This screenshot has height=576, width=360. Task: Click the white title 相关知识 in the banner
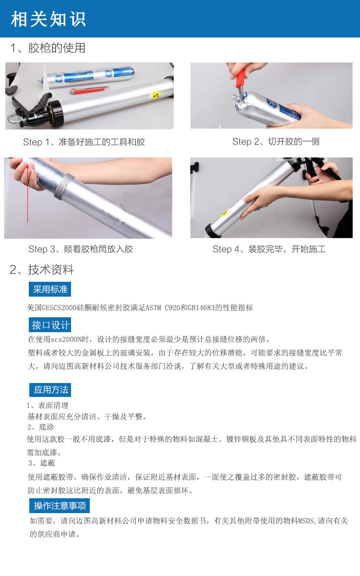(48, 19)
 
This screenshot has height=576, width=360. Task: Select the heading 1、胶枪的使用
(48, 48)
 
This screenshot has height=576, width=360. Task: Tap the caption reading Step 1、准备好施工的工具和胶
(84, 142)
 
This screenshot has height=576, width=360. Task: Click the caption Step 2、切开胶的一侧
(276, 142)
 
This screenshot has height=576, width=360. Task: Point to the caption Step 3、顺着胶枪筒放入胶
(81, 249)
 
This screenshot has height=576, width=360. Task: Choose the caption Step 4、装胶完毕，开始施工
(269, 249)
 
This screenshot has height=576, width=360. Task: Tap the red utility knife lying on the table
(89, 89)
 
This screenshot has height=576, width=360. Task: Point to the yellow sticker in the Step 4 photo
(225, 213)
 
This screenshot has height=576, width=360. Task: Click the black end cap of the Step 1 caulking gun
(55, 114)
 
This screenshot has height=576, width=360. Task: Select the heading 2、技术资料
(42, 270)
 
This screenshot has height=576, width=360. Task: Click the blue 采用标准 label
(50, 289)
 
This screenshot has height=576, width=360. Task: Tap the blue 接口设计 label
(50, 325)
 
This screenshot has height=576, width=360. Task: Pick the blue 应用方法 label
(50, 390)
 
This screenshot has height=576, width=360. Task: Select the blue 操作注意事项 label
(60, 505)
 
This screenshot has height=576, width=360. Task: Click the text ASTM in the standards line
(154, 308)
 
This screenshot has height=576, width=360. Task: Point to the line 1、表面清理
(48, 406)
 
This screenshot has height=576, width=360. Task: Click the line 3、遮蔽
(42, 463)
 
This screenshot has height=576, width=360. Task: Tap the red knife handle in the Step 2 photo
(240, 79)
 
